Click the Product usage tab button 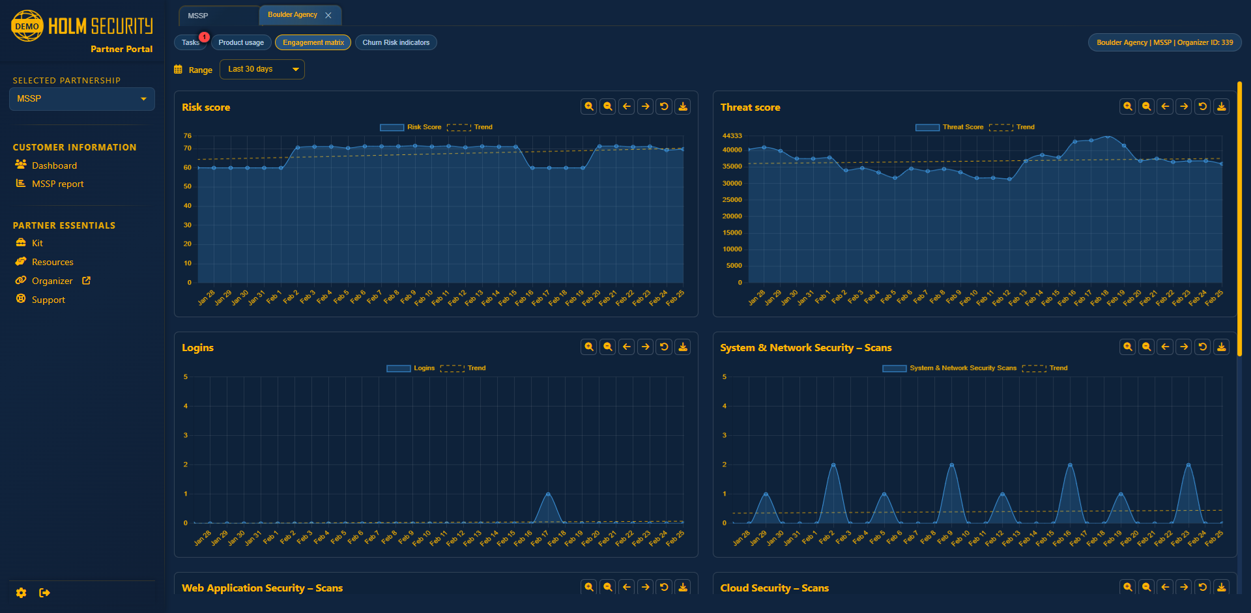coord(241,42)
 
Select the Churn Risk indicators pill coord(395,42)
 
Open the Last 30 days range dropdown coord(262,69)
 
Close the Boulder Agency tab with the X coord(328,15)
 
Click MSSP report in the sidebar coord(57,184)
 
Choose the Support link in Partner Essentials coord(48,300)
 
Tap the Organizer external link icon coord(86,281)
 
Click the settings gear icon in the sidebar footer coord(22,593)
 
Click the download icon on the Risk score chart coord(683,106)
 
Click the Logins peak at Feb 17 coord(548,494)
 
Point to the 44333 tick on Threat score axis coord(732,135)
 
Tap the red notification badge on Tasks coord(204,37)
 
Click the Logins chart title coord(197,348)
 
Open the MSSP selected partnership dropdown coord(82,99)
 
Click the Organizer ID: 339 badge coord(1164,42)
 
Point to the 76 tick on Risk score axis coord(188,135)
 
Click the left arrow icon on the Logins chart coord(626,347)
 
